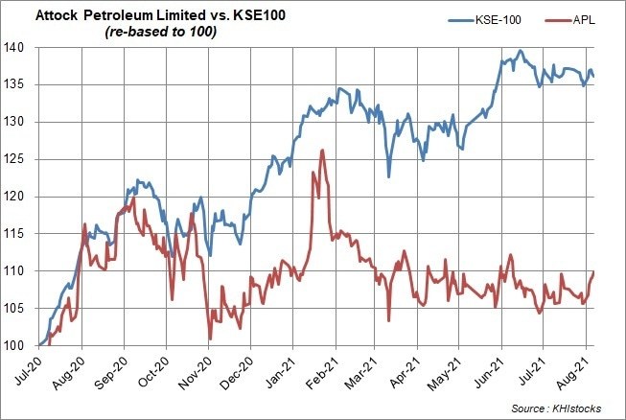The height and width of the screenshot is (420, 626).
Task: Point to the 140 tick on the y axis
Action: pyautogui.click(x=22, y=48)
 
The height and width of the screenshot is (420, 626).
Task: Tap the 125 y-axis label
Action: pyautogui.click(x=22, y=159)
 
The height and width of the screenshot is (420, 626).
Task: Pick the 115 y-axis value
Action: pyautogui.click(x=22, y=234)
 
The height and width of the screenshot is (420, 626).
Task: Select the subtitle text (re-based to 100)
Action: pyautogui.click(x=156, y=33)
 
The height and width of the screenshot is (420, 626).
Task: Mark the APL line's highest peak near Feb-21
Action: pyautogui.click(x=322, y=150)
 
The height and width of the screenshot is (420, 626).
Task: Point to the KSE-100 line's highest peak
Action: pyautogui.click(x=520, y=51)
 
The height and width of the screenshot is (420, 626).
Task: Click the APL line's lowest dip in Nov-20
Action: pyautogui.click(x=210, y=338)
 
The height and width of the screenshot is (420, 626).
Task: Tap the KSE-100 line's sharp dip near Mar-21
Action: pyautogui.click(x=388, y=176)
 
